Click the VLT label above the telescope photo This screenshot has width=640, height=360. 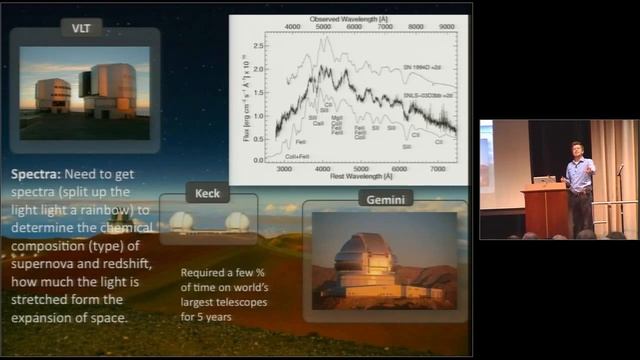(81, 29)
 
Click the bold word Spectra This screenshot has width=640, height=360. (37, 173)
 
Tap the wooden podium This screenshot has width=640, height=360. (546, 210)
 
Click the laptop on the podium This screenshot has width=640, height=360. (544, 180)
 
